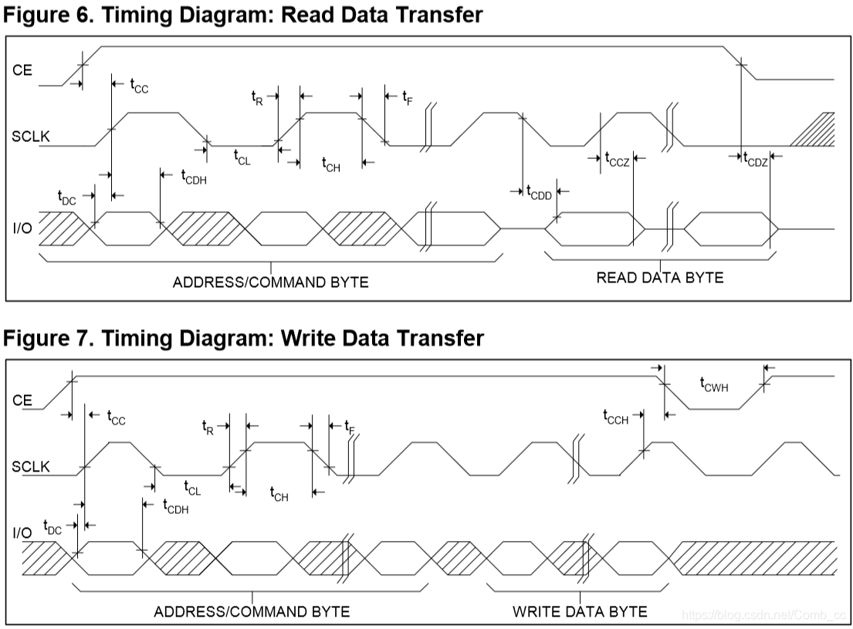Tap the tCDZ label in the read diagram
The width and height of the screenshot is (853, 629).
[x=755, y=160]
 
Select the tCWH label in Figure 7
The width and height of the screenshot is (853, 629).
[x=713, y=384]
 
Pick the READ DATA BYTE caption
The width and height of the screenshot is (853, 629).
[x=660, y=278]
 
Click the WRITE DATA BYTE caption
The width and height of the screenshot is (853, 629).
[x=580, y=612]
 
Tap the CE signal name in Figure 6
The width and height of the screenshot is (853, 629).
[x=22, y=69]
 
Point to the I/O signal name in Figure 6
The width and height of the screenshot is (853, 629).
[x=22, y=229]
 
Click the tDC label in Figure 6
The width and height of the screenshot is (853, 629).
[x=67, y=198]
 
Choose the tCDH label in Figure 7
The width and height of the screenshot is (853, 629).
[x=175, y=506]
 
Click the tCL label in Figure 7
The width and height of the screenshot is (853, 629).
[x=192, y=488]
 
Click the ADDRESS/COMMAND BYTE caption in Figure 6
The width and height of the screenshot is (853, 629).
[x=270, y=282]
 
